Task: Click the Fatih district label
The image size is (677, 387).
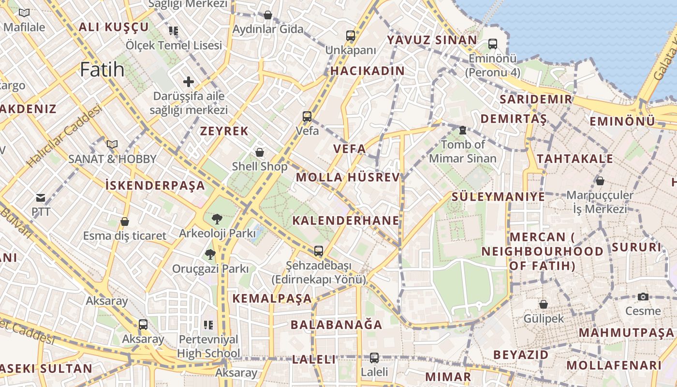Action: pyautogui.click(x=102, y=70)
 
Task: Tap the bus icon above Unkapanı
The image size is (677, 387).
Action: pyautogui.click(x=351, y=36)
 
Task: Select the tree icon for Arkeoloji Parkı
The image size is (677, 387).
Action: pyautogui.click(x=217, y=219)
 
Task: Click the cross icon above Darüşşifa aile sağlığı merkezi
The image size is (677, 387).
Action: pyautogui.click(x=189, y=82)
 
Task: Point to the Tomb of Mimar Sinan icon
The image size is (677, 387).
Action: pyautogui.click(x=462, y=130)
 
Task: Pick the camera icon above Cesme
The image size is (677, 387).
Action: pyautogui.click(x=643, y=297)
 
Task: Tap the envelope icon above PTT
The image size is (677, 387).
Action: pyautogui.click(x=41, y=197)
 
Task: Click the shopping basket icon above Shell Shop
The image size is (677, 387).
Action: pyautogui.click(x=260, y=152)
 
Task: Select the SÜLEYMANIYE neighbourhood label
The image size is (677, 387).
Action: pyautogui.click(x=498, y=197)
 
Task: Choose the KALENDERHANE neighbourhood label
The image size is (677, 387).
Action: pyautogui.click(x=346, y=221)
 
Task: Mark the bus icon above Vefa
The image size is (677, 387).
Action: pyautogui.click(x=307, y=116)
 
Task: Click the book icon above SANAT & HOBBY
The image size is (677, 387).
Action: pyautogui.click(x=112, y=144)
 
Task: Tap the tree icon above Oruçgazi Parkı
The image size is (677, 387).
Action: pyautogui.click(x=210, y=254)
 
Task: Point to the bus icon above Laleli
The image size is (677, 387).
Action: pyautogui.click(x=374, y=358)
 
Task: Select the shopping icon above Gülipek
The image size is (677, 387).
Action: pyautogui.click(x=544, y=304)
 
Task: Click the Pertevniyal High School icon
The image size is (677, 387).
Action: pyautogui.click(x=208, y=325)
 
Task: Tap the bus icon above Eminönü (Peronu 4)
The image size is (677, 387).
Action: pyautogui.click(x=493, y=44)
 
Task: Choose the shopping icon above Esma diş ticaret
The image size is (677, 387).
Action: pyautogui.click(x=125, y=222)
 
